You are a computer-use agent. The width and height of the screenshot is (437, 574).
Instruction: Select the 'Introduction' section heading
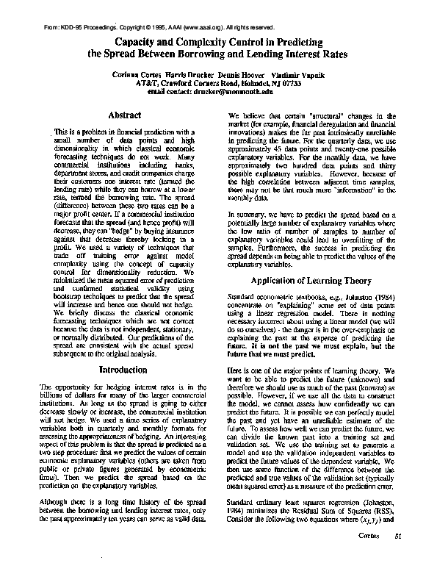pos(123,369)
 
